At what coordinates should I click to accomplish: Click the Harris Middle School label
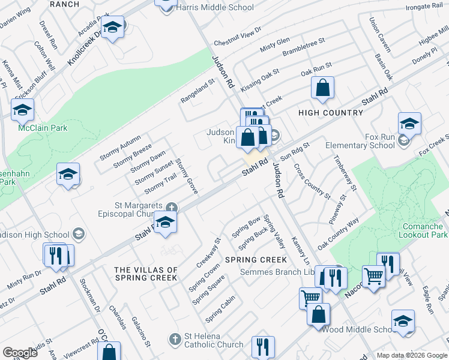[x=215, y=8]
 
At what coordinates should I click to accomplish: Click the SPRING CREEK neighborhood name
[x=256, y=260]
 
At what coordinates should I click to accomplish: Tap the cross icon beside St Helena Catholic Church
[x=175, y=339]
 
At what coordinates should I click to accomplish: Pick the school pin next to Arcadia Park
[x=112, y=28]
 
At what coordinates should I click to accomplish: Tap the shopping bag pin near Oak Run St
[x=323, y=88]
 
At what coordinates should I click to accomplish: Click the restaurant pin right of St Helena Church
[x=263, y=346]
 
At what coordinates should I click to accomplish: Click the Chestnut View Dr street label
[x=238, y=36]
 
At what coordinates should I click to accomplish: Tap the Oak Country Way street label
[x=338, y=233]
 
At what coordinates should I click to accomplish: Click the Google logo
[x=19, y=353]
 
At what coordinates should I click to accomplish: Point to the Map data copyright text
[x=412, y=355]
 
